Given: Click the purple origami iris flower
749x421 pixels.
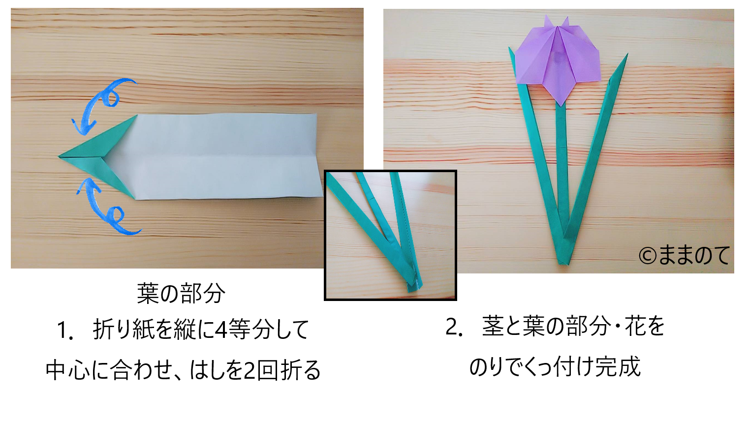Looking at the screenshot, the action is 558,60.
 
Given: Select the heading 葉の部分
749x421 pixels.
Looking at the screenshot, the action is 181,293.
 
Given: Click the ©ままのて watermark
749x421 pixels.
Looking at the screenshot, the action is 684,256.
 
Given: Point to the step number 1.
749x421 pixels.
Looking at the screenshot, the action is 65,330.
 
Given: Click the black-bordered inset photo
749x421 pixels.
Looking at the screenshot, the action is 390,235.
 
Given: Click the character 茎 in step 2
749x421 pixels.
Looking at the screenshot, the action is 493,326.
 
